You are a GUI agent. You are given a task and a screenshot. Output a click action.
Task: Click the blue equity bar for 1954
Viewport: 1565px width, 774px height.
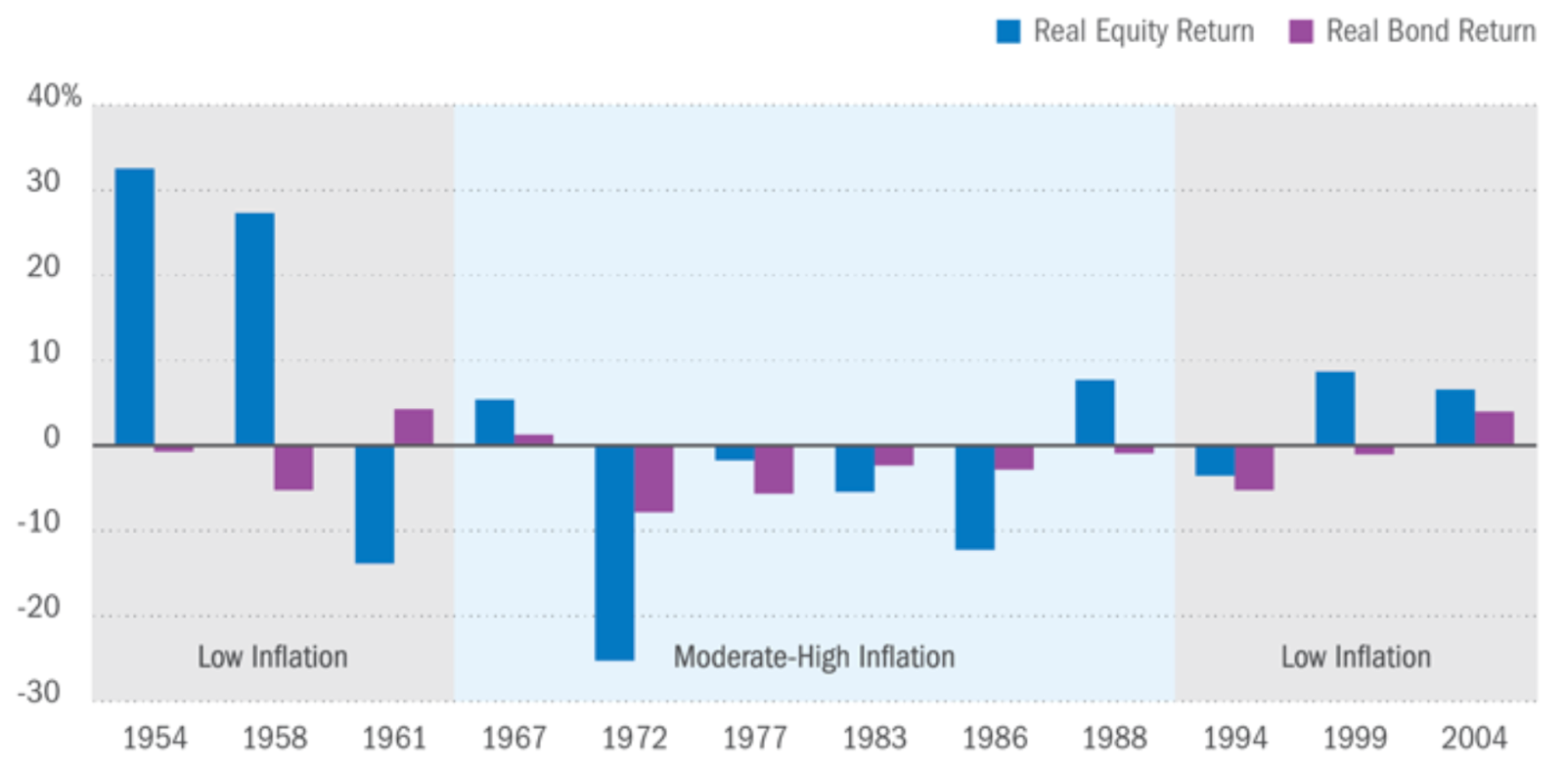click(x=134, y=306)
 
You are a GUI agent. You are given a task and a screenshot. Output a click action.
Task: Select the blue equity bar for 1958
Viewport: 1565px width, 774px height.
click(x=254, y=329)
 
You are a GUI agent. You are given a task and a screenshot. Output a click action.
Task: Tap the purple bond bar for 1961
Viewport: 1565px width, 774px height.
click(x=414, y=427)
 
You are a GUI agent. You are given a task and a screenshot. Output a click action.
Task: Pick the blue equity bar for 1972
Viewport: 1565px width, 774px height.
click(x=614, y=553)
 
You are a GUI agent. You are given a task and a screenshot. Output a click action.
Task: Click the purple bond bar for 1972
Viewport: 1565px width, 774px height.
click(x=653, y=478)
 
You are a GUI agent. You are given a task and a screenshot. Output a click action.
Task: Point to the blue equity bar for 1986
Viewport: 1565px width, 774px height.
click(x=975, y=497)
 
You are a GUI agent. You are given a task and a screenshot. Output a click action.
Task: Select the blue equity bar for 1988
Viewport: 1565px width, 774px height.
click(x=1095, y=412)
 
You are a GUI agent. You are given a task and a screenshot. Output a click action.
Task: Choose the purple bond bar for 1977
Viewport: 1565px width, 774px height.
click(x=774, y=470)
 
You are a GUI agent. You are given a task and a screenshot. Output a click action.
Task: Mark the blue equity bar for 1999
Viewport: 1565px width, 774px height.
click(x=1335, y=408)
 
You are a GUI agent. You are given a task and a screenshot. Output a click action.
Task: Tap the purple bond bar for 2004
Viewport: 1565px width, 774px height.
click(x=1494, y=429)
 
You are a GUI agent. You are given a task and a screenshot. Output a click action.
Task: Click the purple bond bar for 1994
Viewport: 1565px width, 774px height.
click(x=1254, y=468)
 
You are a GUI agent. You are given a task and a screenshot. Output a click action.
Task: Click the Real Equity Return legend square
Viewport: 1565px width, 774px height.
click(x=1007, y=31)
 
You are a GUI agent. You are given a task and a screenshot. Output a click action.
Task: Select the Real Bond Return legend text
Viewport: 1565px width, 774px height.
click(x=1430, y=31)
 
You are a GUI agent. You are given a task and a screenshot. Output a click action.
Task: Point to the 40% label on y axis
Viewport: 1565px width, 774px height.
click(x=54, y=96)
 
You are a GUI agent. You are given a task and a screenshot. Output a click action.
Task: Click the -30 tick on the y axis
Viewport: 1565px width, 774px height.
click(x=39, y=693)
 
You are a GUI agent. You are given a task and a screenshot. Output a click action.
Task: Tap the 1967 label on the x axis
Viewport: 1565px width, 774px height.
click(x=514, y=738)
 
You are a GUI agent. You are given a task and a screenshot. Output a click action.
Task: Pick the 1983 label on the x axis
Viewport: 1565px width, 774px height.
click(x=874, y=738)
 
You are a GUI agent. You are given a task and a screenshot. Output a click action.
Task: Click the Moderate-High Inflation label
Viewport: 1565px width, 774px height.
click(x=814, y=657)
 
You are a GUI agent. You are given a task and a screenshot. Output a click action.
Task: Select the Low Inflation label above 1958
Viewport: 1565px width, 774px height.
click(x=273, y=657)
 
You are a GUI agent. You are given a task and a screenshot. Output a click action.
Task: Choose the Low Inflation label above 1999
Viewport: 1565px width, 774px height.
click(x=1356, y=657)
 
